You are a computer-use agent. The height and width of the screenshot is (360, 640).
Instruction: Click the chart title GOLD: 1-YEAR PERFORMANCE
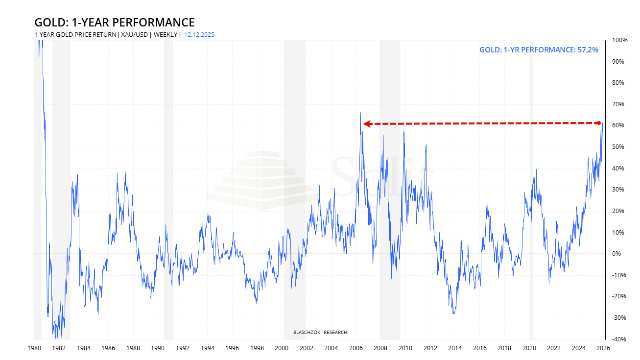click(114, 23)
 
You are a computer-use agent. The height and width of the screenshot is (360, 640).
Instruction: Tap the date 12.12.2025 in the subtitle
click(199, 35)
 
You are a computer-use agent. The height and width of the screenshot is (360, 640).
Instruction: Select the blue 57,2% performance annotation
click(539, 49)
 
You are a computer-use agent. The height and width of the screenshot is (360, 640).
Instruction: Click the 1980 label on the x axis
click(34, 348)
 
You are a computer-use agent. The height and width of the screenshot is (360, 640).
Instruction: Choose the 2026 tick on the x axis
click(604, 348)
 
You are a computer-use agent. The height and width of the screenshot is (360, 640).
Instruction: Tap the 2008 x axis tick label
click(380, 348)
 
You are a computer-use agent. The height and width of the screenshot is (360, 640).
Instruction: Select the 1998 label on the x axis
click(257, 348)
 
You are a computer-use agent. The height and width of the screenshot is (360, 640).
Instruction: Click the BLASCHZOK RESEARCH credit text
click(320, 333)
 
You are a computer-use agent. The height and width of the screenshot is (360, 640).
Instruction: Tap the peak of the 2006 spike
click(360, 113)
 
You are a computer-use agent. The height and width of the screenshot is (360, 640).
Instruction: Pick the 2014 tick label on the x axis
click(455, 348)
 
